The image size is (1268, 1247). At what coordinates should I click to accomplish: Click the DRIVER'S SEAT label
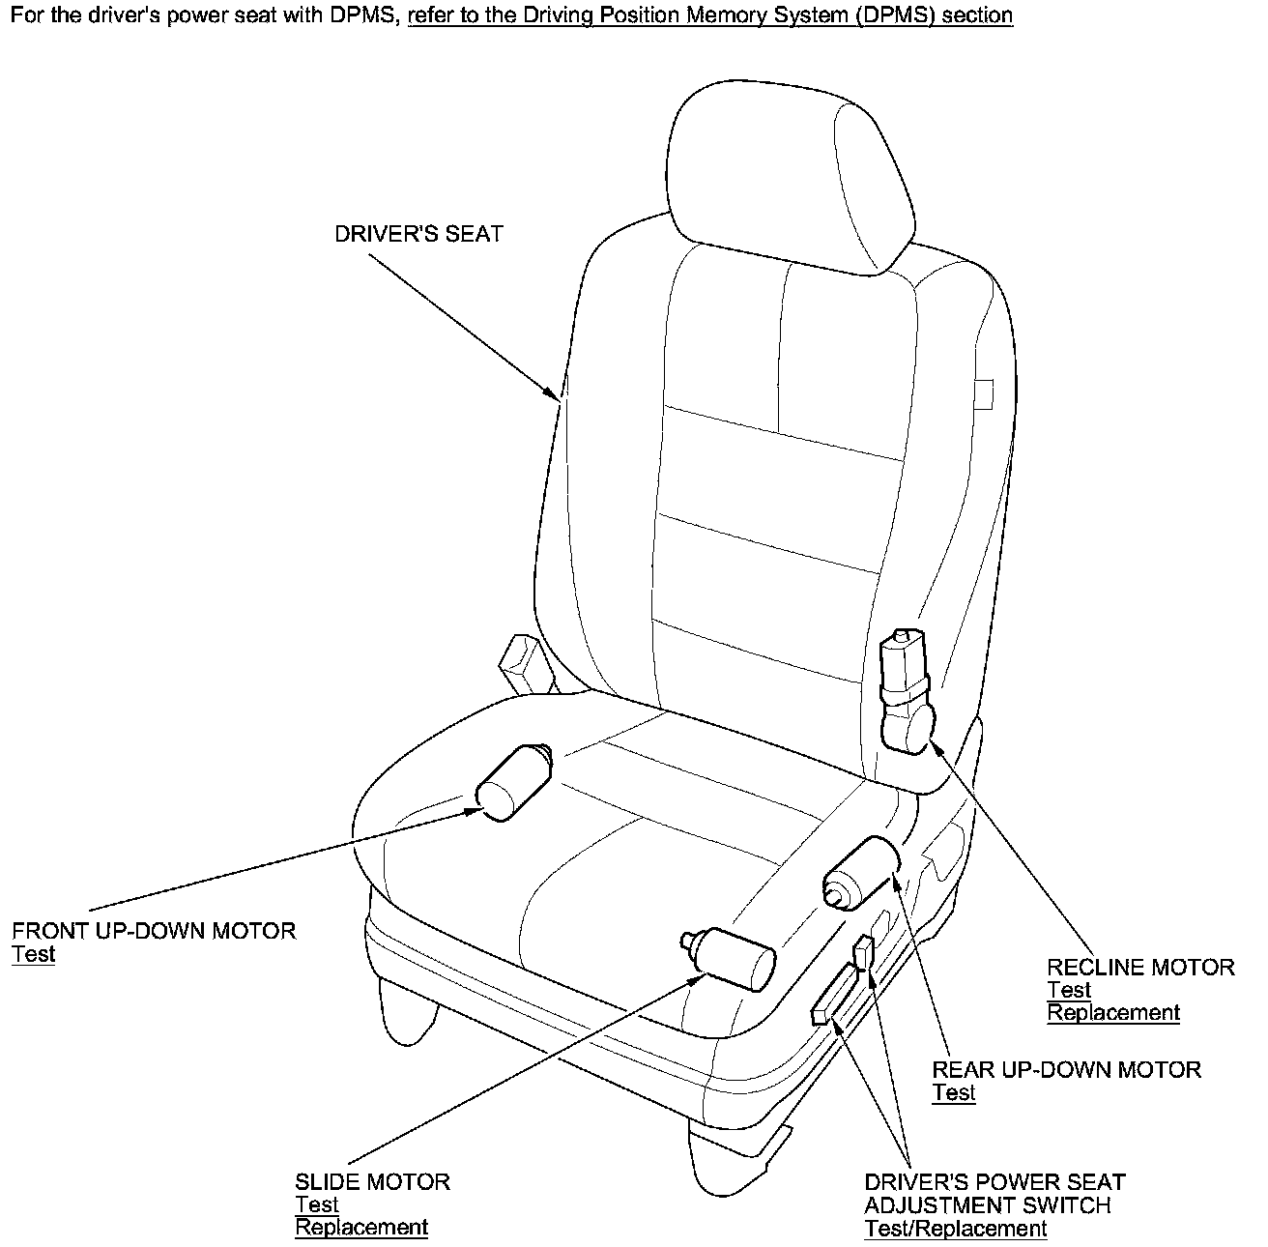tap(418, 235)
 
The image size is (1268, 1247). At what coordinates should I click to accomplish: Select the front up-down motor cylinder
tap(513, 781)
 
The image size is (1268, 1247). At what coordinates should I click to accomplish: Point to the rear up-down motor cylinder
tap(860, 873)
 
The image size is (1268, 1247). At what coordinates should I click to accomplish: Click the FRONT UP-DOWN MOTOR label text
tap(154, 932)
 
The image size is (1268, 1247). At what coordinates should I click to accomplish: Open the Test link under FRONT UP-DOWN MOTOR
tap(34, 955)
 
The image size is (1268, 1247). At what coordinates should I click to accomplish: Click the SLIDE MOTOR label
tap(372, 1182)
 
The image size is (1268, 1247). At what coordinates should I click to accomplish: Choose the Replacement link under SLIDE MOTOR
tap(360, 1228)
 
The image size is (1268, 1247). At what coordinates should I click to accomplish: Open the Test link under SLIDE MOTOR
tap(316, 1205)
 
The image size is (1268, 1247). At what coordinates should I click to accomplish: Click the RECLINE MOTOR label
tap(1140, 968)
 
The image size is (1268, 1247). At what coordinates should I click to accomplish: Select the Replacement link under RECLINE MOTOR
tap(1113, 1013)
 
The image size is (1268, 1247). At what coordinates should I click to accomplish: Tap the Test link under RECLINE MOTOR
tap(1069, 991)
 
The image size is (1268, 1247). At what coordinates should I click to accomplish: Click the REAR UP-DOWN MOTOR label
tap(1066, 1070)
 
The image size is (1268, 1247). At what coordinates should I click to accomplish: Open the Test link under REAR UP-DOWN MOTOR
tap(953, 1093)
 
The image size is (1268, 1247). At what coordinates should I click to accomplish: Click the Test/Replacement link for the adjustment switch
tap(955, 1230)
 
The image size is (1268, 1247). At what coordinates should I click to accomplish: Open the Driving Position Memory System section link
tap(710, 15)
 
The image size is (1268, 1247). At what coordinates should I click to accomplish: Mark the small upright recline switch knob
tap(863, 951)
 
